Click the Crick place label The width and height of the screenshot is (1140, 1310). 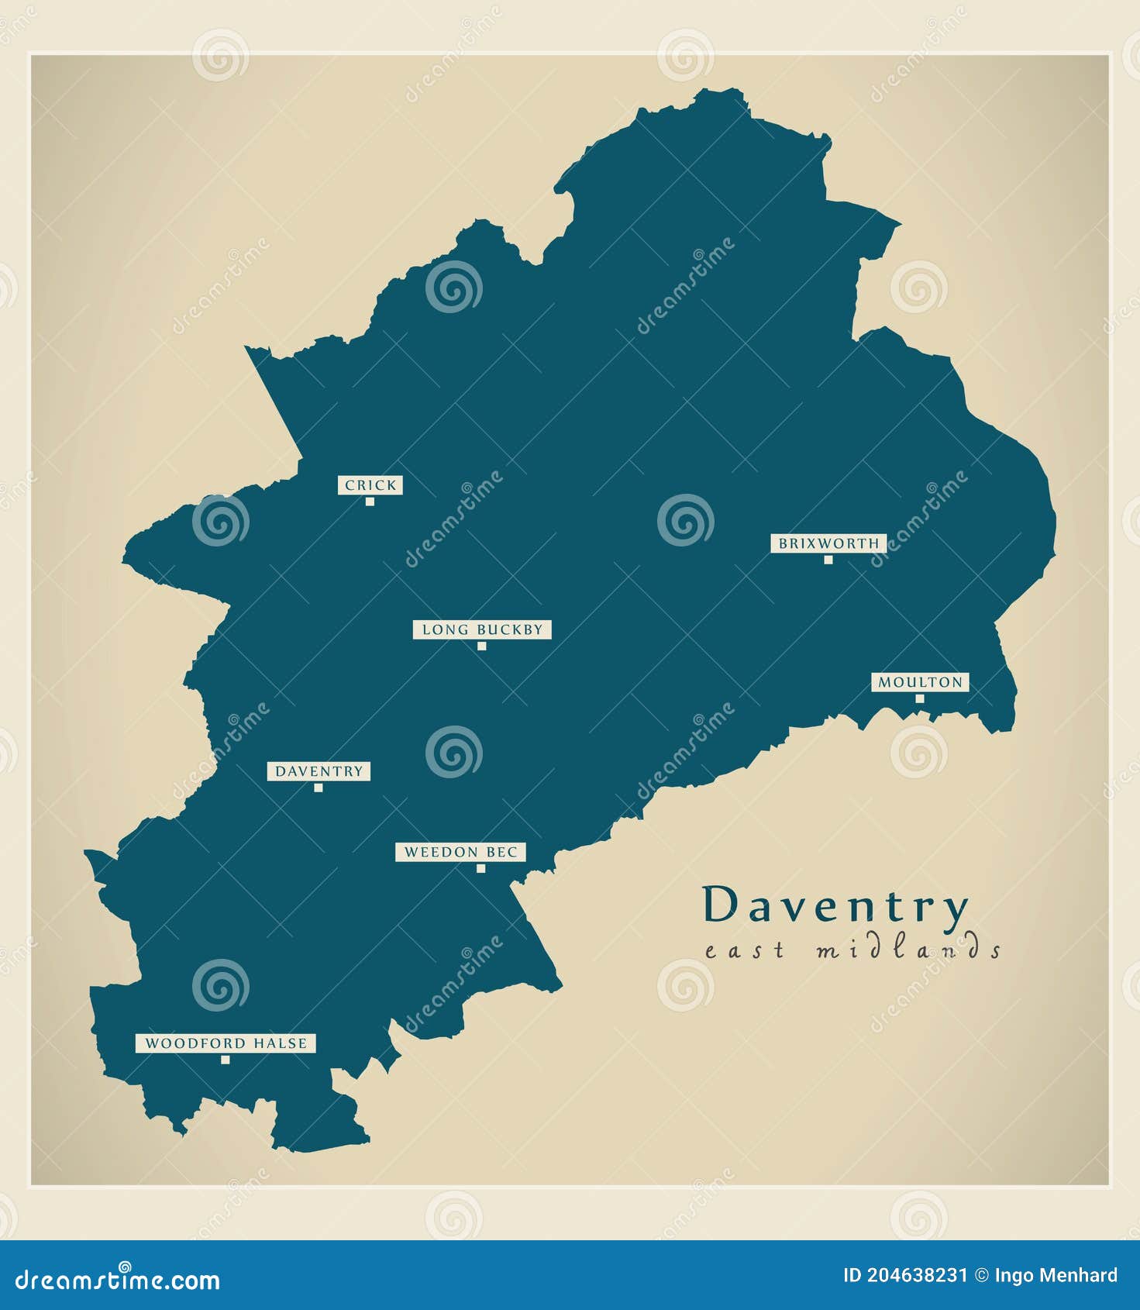pyautogui.click(x=370, y=485)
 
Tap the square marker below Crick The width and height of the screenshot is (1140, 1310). pyautogui.click(x=370, y=502)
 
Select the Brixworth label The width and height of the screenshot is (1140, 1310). pyautogui.click(x=828, y=543)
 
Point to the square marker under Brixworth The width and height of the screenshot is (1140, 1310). pyautogui.click(x=828, y=560)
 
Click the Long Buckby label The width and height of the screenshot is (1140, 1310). pyautogui.click(x=482, y=629)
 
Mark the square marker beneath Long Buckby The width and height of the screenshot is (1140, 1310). pyautogui.click(x=481, y=646)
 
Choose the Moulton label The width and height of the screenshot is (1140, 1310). pyautogui.click(x=920, y=682)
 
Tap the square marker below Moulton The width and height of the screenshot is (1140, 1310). pyautogui.click(x=919, y=698)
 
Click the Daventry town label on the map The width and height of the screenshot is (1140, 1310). pyautogui.click(x=319, y=771)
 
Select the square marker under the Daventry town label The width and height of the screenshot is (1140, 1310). pyautogui.click(x=318, y=788)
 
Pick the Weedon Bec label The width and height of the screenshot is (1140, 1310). pyautogui.click(x=460, y=852)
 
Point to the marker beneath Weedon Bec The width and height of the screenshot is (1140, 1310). pyautogui.click(x=480, y=868)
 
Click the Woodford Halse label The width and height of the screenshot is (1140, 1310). pyautogui.click(x=226, y=1043)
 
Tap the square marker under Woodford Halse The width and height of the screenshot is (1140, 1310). pyautogui.click(x=225, y=1060)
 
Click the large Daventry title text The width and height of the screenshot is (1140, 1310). pyautogui.click(x=835, y=905)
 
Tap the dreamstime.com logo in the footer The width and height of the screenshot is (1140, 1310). pyautogui.click(x=118, y=1280)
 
